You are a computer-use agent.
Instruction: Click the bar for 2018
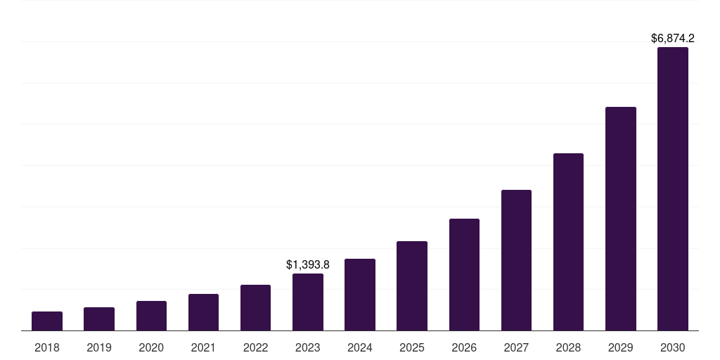47,321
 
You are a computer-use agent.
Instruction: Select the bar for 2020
151,316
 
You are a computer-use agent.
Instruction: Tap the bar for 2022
255,308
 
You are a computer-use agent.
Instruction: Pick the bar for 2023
308,302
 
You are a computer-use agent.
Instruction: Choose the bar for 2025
412,286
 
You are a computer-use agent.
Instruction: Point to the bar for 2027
516,260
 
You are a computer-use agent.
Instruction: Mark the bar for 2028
568,242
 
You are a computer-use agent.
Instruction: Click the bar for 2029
621,219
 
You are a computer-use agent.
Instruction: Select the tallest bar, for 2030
673,189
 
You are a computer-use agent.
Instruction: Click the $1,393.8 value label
308,265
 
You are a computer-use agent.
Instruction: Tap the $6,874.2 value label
673,38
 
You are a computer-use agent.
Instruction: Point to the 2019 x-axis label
99,347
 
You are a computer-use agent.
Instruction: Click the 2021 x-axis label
203,347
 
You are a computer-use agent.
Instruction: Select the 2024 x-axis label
360,347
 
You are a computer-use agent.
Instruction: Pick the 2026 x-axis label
464,347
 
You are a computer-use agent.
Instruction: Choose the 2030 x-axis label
673,347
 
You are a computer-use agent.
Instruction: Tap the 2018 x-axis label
47,347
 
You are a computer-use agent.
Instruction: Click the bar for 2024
360,295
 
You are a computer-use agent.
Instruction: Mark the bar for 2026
464,275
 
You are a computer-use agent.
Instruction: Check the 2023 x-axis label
308,347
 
